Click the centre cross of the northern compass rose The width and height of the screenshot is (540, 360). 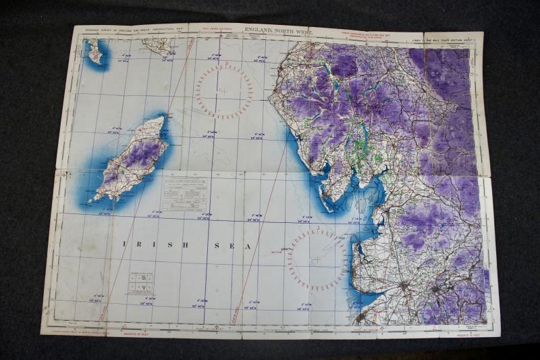[223, 91]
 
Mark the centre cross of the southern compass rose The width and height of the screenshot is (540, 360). [317, 259]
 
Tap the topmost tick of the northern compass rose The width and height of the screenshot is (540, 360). [225, 63]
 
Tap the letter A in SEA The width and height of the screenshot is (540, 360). [248, 247]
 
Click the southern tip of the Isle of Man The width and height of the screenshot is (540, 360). [97, 199]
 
